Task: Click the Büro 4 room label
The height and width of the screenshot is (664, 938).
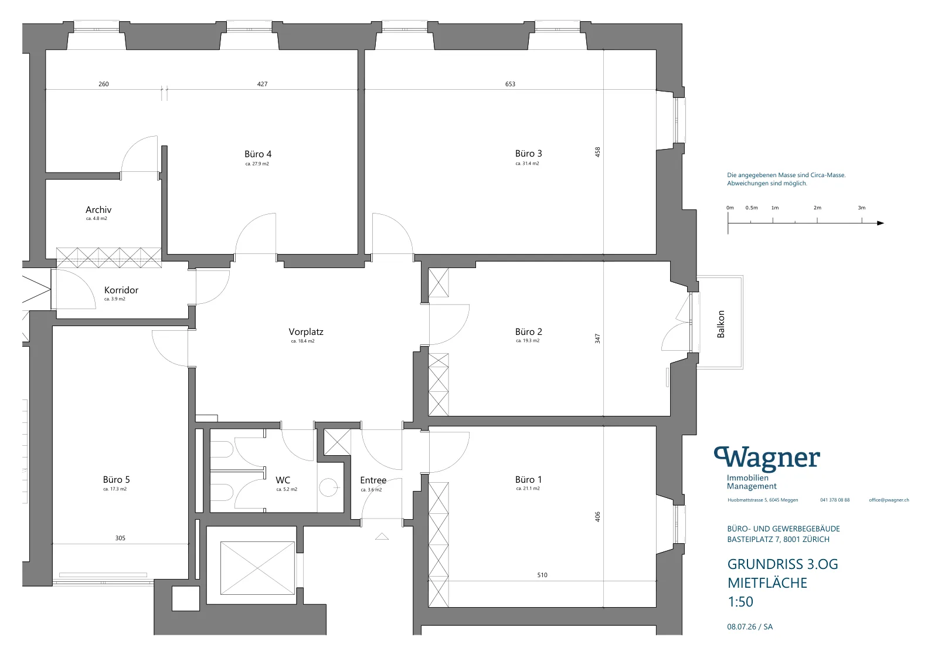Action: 258,154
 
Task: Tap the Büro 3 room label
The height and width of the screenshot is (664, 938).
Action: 528,153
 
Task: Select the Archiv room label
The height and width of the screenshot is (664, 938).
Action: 98,209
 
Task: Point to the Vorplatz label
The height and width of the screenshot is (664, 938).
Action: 305,332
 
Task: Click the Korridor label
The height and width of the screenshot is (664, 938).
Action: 121,290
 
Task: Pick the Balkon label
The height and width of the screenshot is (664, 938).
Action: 721,324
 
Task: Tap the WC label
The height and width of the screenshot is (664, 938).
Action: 283,480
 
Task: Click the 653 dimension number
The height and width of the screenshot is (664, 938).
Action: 510,84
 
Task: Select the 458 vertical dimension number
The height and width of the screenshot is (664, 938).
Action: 597,152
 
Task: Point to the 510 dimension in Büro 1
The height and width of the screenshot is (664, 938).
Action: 542,575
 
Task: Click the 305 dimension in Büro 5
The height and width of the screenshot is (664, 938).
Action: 120,538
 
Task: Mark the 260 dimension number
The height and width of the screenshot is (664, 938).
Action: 103,84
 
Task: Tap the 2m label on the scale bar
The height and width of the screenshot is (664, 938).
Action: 817,208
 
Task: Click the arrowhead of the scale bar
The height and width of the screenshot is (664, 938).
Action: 880,223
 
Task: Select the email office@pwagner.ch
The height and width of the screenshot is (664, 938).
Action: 889,500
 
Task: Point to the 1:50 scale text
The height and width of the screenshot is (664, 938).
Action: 740,602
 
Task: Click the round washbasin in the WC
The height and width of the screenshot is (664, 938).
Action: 328,487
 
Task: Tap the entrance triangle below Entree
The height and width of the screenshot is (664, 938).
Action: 382,536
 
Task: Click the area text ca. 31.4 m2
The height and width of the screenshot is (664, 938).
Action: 527,164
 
